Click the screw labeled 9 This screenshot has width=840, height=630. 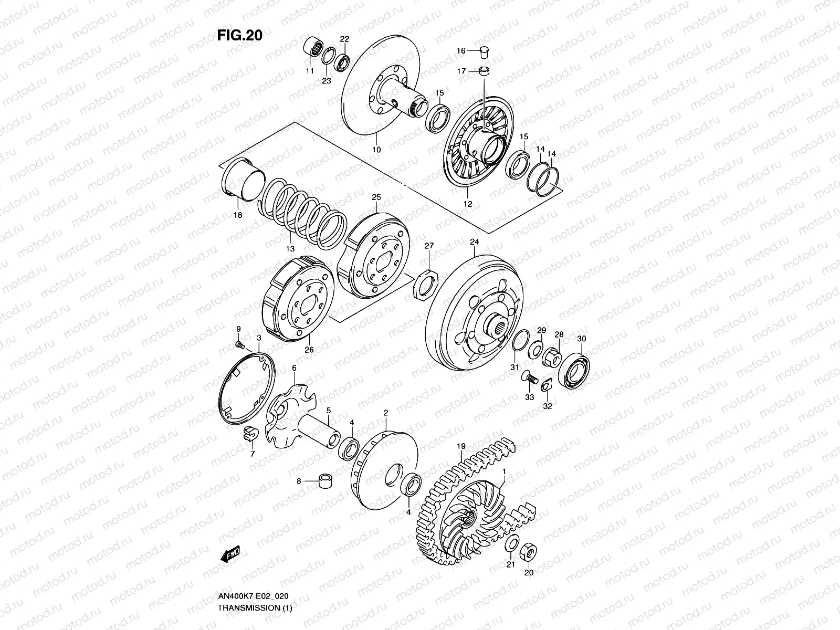click(240, 345)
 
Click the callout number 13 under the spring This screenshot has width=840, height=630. click(290, 249)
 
